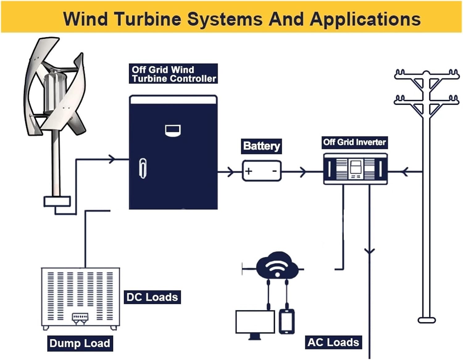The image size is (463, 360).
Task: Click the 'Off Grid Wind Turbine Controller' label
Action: click(173, 74)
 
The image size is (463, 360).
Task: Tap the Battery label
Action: click(261, 146)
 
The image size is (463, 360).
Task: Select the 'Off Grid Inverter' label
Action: click(354, 142)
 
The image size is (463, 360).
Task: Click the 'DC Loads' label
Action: click(152, 297)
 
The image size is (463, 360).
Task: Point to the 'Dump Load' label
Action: click(80, 343)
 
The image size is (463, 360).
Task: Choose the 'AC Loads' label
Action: click(333, 342)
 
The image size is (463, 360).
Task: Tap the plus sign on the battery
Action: click(248, 171)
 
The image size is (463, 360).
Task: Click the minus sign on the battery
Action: click(274, 171)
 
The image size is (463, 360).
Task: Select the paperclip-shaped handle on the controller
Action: click(143, 168)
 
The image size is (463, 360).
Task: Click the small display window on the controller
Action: click(173, 130)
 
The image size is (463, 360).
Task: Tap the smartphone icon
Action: click(286, 321)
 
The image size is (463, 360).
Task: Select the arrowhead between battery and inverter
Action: click(303, 172)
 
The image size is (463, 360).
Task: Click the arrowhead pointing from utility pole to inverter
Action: click(405, 172)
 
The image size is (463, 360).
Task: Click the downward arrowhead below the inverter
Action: click(369, 251)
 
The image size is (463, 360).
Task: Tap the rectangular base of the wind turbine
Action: click(57, 201)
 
